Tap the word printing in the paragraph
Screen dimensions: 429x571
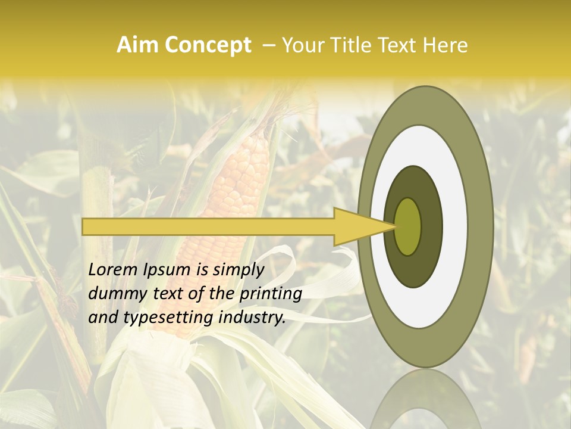tap(270, 294)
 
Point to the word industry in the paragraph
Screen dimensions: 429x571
tap(252, 318)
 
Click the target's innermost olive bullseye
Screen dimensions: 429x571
tap(408, 226)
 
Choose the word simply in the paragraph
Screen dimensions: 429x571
tap(237, 270)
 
